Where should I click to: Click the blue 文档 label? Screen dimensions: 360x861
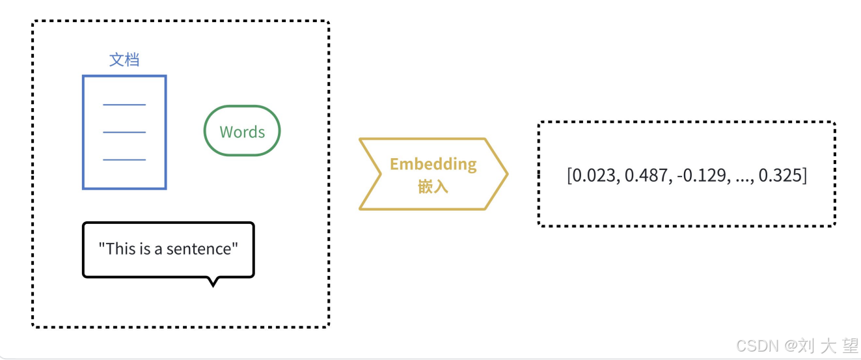click(124, 60)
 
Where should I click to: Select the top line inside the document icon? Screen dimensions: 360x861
click(124, 104)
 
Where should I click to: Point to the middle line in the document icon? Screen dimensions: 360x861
click(124, 132)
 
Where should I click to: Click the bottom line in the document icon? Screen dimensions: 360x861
click(124, 159)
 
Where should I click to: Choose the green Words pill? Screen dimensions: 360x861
click(242, 132)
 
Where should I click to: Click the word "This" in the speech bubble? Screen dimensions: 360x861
click(120, 249)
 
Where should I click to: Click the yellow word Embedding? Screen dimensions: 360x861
click(433, 164)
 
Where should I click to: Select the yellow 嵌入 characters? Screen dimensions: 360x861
click(433, 187)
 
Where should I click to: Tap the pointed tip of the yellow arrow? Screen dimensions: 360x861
click(506, 174)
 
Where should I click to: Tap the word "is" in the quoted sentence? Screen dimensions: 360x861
click(146, 249)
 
